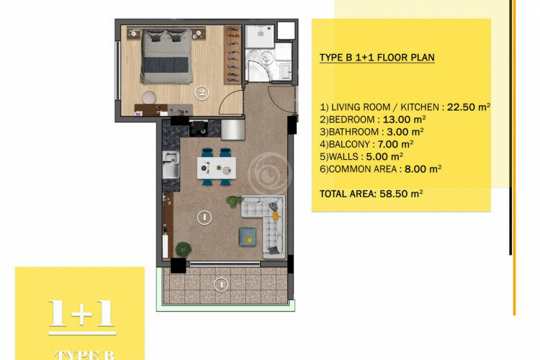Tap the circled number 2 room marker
coord(203,91)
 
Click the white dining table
coord(216,168)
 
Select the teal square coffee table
coord(246,235)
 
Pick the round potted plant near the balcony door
coord(184,248)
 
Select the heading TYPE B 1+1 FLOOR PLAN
coord(377,57)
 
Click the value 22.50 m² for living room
coord(468,106)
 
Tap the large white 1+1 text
coord(81,313)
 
